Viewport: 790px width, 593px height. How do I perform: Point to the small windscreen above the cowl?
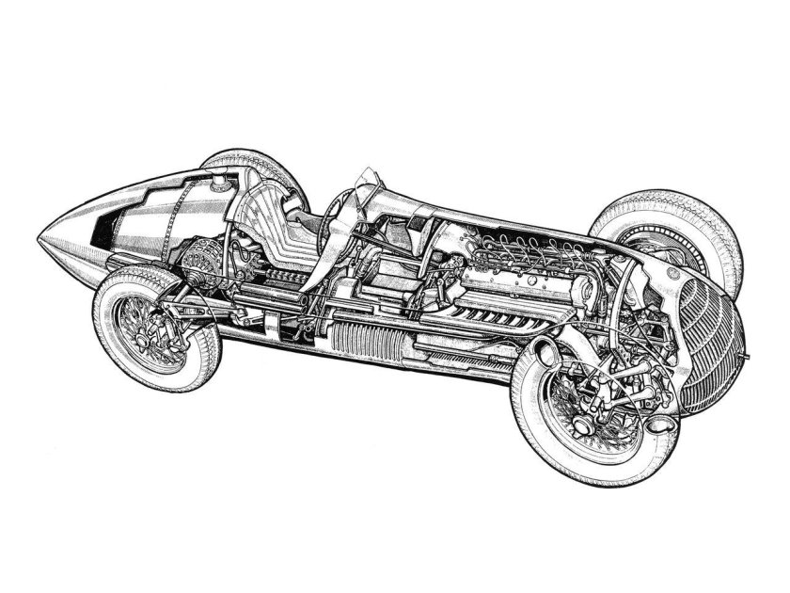(x=368, y=180)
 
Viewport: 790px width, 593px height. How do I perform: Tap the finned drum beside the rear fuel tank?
(x=202, y=264)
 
